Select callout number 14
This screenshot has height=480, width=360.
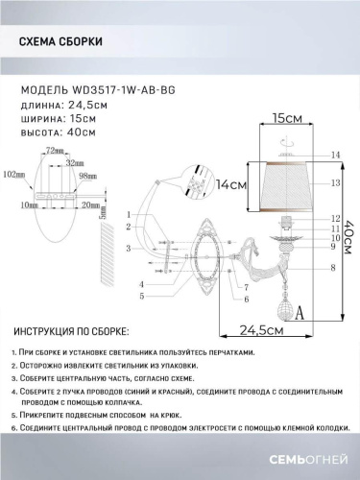click(x=335, y=155)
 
